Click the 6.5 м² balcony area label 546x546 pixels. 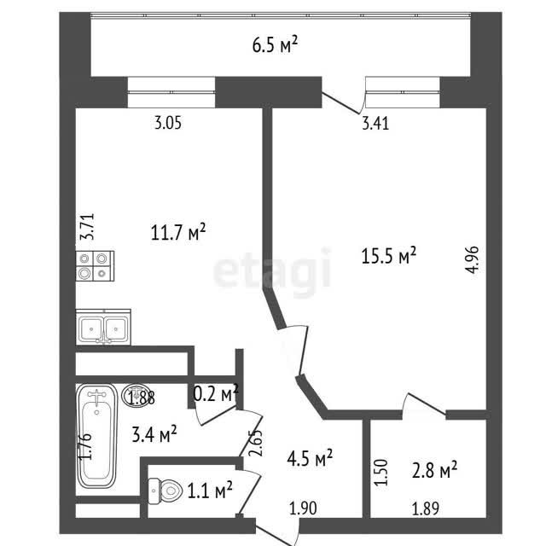point(275,45)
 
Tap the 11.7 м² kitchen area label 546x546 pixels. point(178,232)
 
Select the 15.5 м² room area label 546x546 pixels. point(389,256)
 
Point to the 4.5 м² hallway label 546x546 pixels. point(310,457)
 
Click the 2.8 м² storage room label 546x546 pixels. point(434,470)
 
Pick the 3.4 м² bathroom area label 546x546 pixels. point(154,434)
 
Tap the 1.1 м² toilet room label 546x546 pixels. point(210,491)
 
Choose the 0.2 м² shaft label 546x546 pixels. point(216,393)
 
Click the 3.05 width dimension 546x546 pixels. point(168,123)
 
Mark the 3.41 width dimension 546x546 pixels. point(375,124)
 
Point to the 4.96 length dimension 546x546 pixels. point(473,259)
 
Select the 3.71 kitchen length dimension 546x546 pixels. point(87,226)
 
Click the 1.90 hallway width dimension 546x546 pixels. point(303,508)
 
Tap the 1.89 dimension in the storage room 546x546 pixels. point(425,508)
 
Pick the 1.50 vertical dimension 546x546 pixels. point(381,472)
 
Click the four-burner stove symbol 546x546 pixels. point(95,266)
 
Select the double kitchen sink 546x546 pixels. point(103,327)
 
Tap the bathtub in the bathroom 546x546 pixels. point(96,436)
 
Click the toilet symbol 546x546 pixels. point(165,491)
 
